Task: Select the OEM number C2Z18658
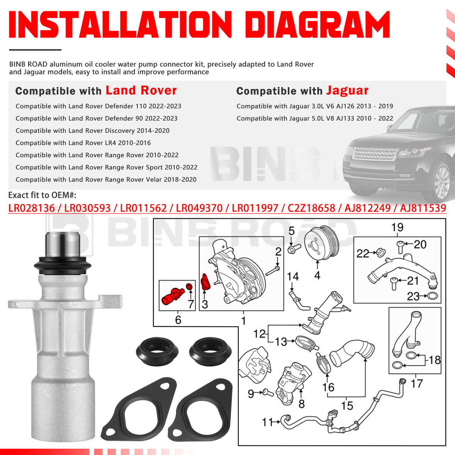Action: pyautogui.click(x=311, y=208)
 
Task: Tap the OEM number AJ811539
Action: pyautogui.click(x=423, y=208)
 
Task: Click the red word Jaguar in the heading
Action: pyautogui.click(x=347, y=91)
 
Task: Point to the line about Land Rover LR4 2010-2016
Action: pyautogui.click(x=83, y=143)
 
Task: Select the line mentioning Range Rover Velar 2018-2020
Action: pyautogui.click(x=106, y=179)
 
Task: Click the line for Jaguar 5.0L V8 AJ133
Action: pyautogui.click(x=315, y=118)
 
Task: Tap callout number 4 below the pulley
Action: pyautogui.click(x=317, y=275)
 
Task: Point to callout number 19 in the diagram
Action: pyautogui.click(x=397, y=227)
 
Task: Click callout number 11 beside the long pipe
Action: pyautogui.click(x=267, y=422)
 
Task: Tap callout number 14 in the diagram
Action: pyautogui.click(x=293, y=277)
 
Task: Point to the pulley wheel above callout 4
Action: pyautogui.click(x=320, y=244)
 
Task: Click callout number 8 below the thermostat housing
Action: pyautogui.click(x=301, y=404)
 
